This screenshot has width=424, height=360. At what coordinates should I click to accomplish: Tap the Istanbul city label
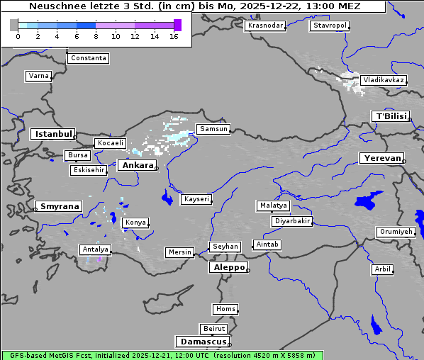(x=53, y=134)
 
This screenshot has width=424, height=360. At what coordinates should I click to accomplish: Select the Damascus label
(x=203, y=342)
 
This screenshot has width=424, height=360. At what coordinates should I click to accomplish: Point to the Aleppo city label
(x=228, y=268)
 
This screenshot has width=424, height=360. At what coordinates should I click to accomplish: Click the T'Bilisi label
(x=391, y=116)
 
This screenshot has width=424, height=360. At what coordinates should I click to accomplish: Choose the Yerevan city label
(x=381, y=158)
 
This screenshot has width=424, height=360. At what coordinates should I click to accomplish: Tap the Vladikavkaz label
(x=383, y=81)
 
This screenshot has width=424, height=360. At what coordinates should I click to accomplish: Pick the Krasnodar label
(x=265, y=26)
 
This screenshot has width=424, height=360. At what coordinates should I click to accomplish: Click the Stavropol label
(x=330, y=26)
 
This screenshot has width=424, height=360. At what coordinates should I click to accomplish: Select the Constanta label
(x=89, y=58)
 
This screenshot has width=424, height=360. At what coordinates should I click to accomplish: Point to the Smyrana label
(x=59, y=207)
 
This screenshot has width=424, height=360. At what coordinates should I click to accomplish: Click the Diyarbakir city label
(x=291, y=221)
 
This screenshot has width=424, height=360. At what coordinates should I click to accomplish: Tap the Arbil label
(x=382, y=269)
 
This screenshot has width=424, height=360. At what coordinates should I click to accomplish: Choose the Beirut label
(x=213, y=329)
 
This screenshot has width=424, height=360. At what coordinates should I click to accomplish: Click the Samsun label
(x=213, y=129)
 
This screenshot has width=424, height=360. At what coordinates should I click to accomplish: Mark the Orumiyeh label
(x=396, y=232)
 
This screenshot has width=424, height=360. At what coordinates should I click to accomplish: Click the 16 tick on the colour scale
(x=174, y=36)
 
